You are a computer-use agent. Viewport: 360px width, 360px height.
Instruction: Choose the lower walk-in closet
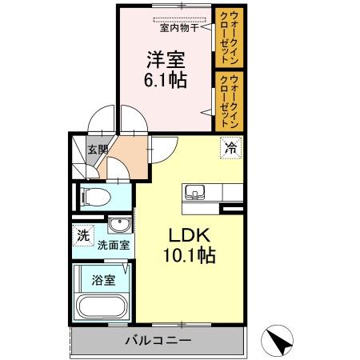tap(229, 102)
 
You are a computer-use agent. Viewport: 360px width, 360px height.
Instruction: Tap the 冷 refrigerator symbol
tap(230, 147)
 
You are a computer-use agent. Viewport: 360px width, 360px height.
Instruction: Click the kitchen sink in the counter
tap(194, 193)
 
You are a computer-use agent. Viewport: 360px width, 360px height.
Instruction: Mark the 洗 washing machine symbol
tap(82, 236)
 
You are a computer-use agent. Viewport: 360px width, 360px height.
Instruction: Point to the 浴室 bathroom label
tap(102, 281)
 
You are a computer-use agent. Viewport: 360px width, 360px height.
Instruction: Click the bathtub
tap(102, 307)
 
